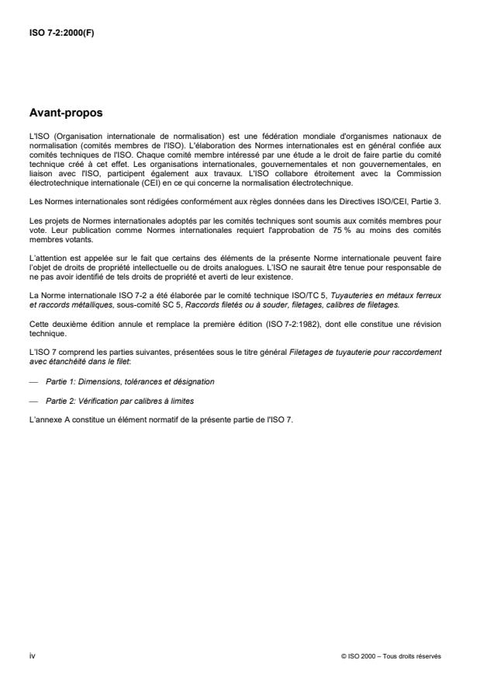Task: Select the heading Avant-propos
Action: (x=65, y=113)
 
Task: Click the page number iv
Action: (x=32, y=655)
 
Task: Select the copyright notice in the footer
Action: (x=391, y=655)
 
